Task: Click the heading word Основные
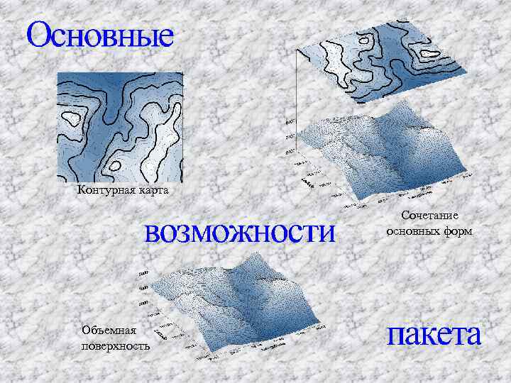100,35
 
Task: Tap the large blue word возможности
238,232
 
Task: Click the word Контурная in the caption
101,190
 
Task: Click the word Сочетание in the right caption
429,215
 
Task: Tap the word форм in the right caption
457,231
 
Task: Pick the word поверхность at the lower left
116,345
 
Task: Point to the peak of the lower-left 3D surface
245,264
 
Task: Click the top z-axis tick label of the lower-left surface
143,272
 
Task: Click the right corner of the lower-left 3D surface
329,328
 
